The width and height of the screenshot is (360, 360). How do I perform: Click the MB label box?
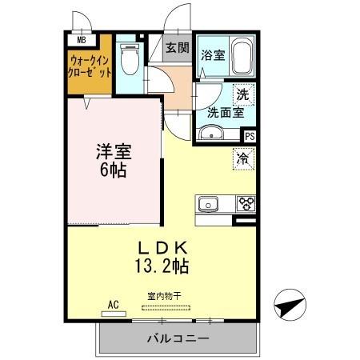(x=81, y=38)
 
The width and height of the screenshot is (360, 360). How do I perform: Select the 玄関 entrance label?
(x=178, y=47)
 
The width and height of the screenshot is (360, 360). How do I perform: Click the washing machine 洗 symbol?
(x=243, y=94)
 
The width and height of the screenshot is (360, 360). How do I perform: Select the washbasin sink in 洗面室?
(x=210, y=134)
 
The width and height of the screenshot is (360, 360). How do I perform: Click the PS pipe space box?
(x=249, y=136)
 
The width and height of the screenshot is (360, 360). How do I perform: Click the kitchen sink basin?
(x=209, y=204)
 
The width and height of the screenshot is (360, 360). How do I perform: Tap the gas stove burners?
(x=244, y=203)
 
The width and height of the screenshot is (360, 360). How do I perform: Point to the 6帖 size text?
(x=114, y=170)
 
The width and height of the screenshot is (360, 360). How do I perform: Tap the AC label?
(x=114, y=305)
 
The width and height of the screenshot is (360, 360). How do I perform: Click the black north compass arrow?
(x=290, y=306)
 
